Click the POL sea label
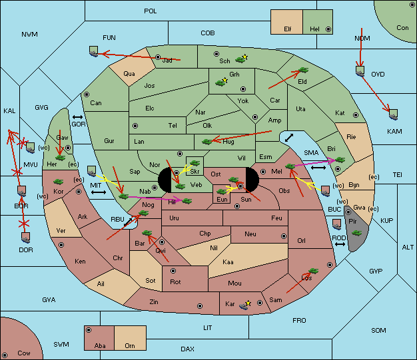point(151,11)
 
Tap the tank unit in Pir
point(356,233)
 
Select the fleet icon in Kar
point(244,305)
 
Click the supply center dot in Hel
point(328,29)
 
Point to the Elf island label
point(288,29)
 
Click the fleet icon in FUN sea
point(94,51)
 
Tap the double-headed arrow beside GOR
point(77,117)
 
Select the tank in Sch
point(240,60)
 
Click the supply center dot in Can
point(87,94)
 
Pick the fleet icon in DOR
point(26,238)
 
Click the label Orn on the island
point(130,345)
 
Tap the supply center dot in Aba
point(89,330)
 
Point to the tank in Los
point(313,271)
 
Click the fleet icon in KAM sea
point(393,114)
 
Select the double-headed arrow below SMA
point(318,168)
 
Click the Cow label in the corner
point(24,353)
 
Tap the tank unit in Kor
point(58,182)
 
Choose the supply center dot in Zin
point(200,306)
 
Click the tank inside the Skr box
point(195,162)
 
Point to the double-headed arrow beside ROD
point(340,244)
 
